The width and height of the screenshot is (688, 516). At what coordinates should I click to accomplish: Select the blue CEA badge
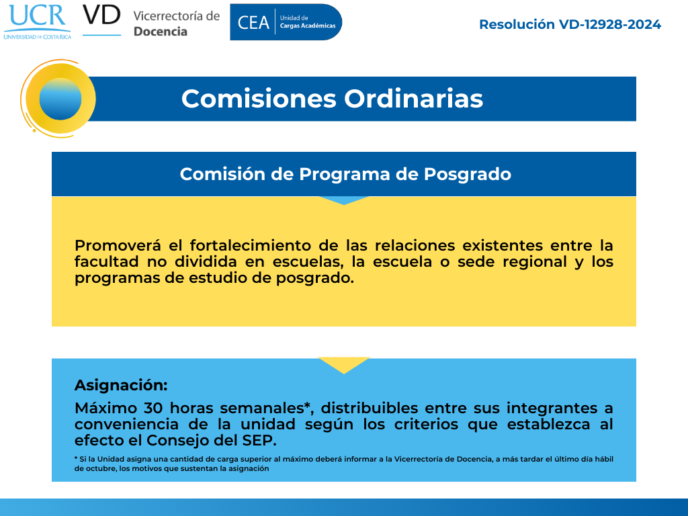(x=286, y=22)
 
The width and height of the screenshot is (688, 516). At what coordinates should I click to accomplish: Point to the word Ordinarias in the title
(x=413, y=99)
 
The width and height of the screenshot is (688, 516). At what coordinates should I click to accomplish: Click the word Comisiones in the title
(x=259, y=99)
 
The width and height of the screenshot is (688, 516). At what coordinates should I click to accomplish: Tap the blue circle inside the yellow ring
(x=60, y=99)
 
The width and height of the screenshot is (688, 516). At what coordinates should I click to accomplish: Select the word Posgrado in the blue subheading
(x=468, y=175)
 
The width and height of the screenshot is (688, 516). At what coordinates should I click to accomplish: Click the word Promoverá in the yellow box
(x=118, y=245)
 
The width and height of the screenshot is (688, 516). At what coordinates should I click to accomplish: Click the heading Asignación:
(x=121, y=385)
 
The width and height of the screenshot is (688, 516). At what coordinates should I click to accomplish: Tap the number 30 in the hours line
(x=153, y=408)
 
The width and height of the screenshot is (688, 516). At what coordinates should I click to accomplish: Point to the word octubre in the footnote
(x=100, y=468)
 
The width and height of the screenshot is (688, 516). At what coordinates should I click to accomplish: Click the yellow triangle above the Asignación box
(x=343, y=364)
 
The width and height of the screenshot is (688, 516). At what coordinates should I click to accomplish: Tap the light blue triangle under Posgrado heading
(x=343, y=200)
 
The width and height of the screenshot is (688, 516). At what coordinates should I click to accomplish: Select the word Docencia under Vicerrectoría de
(x=161, y=32)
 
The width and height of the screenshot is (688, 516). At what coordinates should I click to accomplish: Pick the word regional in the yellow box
(x=535, y=262)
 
